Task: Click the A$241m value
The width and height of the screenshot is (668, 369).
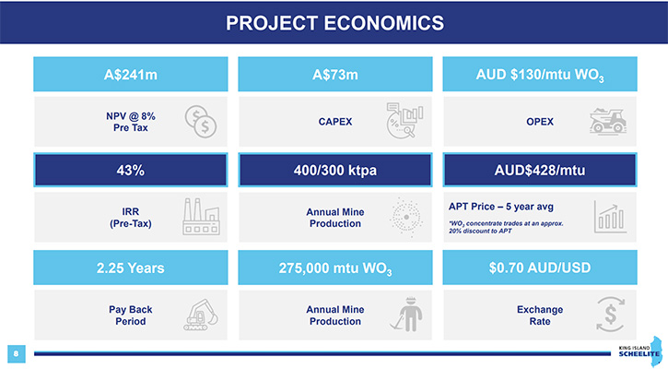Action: [x=130, y=75]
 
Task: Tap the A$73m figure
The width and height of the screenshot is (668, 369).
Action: [x=334, y=75]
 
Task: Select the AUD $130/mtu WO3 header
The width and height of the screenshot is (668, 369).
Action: [x=540, y=75]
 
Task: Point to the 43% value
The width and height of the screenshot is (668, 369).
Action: [x=130, y=171]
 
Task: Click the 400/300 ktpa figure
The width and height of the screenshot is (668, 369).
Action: [x=334, y=171]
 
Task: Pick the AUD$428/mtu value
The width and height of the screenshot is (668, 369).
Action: [x=540, y=171]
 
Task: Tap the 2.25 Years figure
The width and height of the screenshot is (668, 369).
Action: [x=130, y=268]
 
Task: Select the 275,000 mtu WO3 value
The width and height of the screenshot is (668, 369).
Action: [x=334, y=268]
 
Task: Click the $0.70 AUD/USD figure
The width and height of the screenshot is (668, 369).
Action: [x=540, y=268]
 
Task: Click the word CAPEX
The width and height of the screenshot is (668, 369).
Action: [x=334, y=122]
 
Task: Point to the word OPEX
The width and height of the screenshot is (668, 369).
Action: [x=540, y=122]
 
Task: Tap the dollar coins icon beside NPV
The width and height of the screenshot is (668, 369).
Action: [x=201, y=122]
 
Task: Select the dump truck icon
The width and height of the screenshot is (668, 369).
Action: [x=608, y=121]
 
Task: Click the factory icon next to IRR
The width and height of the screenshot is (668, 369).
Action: [x=202, y=216]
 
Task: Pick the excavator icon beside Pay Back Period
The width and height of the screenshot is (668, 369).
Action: [x=201, y=315]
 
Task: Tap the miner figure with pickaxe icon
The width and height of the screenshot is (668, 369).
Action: [x=407, y=314]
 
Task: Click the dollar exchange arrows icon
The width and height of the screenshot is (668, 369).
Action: [x=611, y=315]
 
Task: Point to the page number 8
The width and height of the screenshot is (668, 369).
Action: [x=17, y=353]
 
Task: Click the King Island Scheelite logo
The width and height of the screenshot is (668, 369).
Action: [x=640, y=351]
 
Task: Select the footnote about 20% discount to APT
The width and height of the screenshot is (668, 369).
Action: [x=506, y=227]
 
